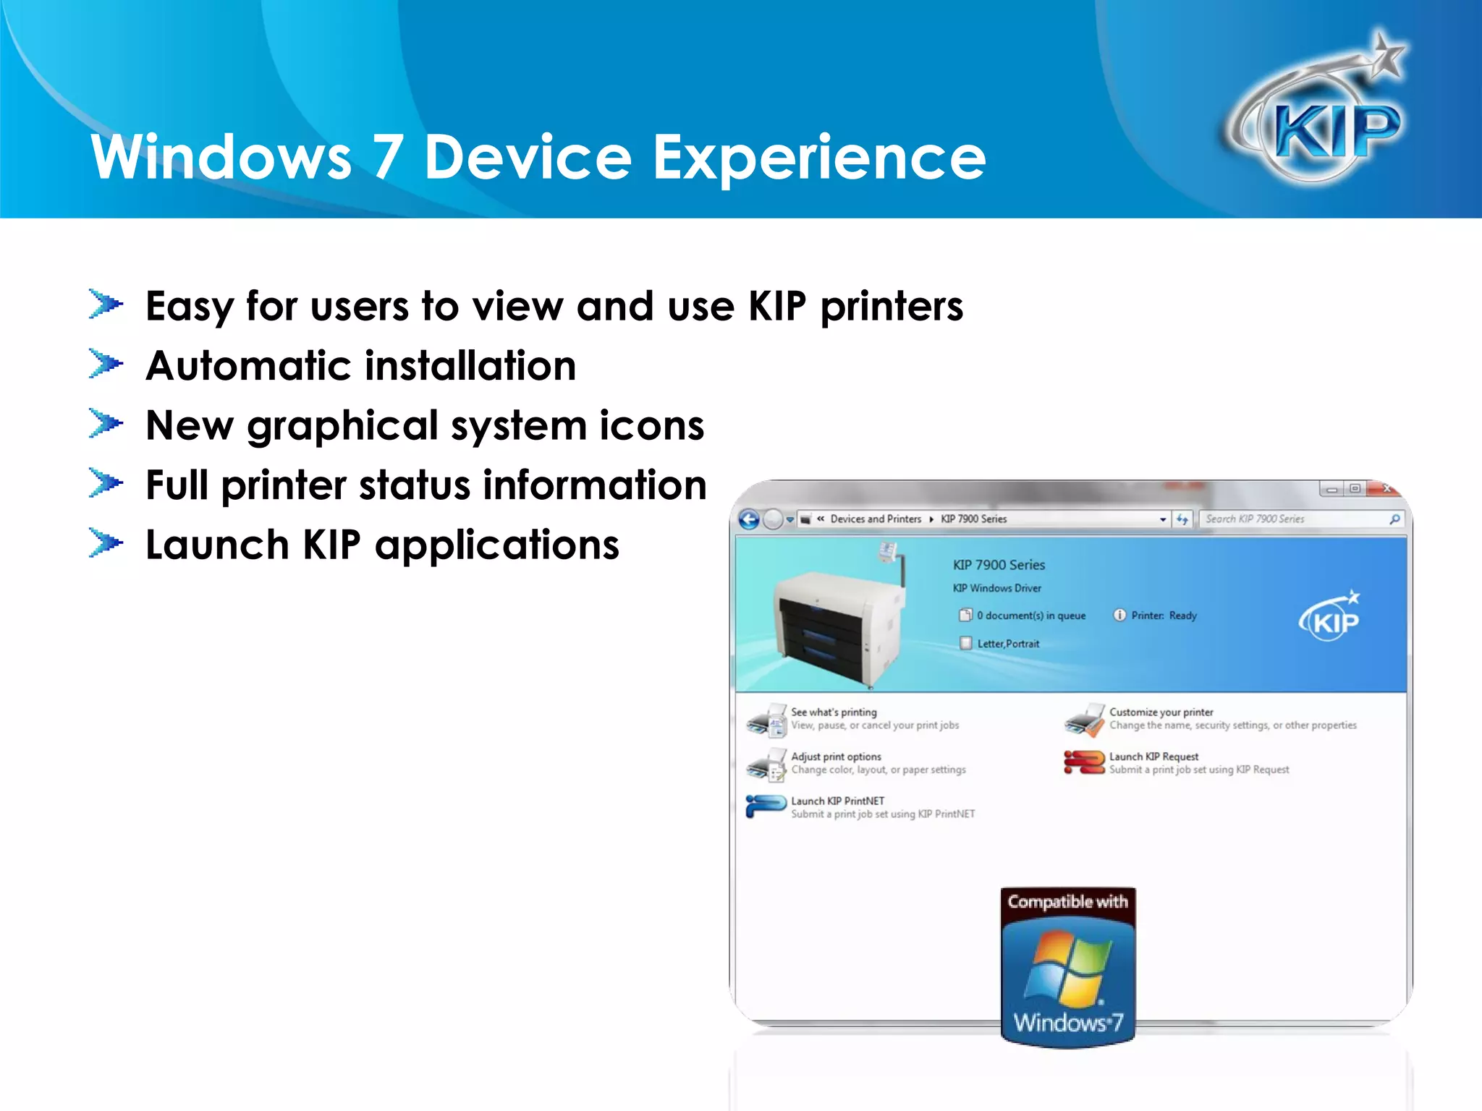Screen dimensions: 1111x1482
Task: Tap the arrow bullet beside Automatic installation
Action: pos(106,364)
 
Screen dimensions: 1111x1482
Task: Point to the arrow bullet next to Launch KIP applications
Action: pos(106,543)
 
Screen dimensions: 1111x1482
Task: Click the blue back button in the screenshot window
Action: pos(749,519)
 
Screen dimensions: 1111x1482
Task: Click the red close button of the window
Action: pos(1386,489)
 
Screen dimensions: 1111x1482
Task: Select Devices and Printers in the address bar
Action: pos(876,519)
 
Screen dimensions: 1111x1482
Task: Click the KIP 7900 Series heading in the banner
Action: pos(999,565)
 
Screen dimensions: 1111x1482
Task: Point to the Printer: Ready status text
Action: pos(1164,616)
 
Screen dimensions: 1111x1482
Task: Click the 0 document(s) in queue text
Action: pos(1030,616)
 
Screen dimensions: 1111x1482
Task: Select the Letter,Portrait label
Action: pos(1008,644)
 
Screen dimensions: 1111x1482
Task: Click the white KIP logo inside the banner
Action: pos(1330,618)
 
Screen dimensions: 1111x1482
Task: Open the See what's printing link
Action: pos(834,712)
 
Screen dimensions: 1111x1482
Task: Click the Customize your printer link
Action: pos(1161,712)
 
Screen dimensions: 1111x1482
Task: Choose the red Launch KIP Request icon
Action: pos(1083,762)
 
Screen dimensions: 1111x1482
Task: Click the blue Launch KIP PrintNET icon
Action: pos(766,806)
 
